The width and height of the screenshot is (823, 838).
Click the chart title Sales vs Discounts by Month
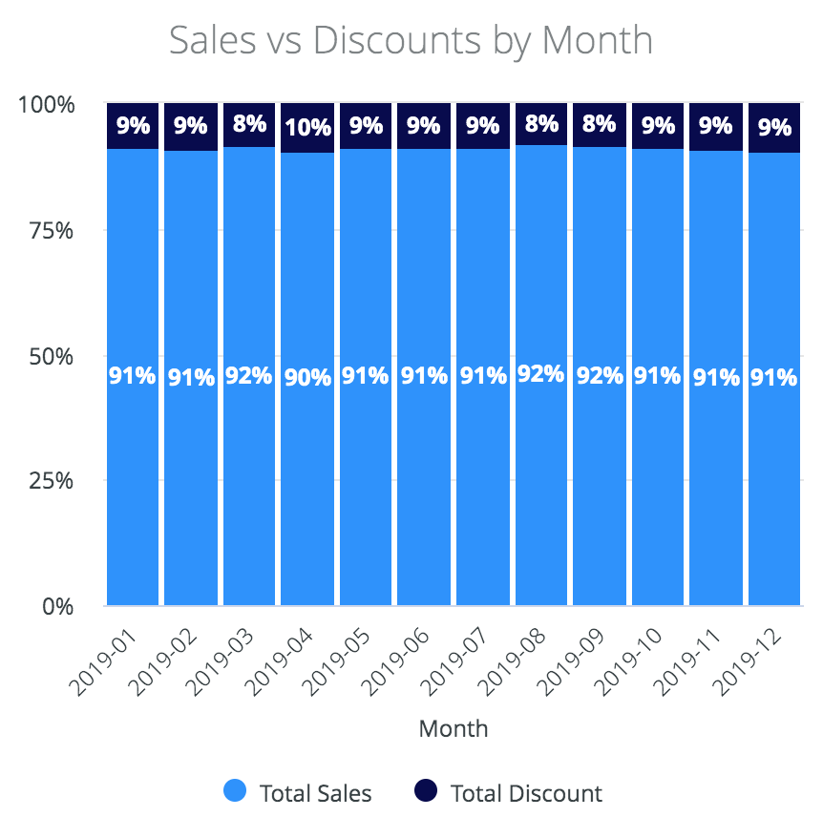411,41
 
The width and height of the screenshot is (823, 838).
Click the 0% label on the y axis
55,606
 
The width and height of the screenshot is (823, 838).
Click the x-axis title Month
454,729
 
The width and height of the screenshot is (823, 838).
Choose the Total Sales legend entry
297,792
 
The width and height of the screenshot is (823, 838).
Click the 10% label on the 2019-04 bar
307,128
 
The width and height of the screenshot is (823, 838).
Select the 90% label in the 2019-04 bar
307,377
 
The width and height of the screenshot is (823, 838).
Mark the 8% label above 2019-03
249,125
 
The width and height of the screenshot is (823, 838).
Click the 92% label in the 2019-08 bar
541,373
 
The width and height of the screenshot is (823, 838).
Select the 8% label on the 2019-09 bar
600,125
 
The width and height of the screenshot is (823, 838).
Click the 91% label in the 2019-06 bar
424,376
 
